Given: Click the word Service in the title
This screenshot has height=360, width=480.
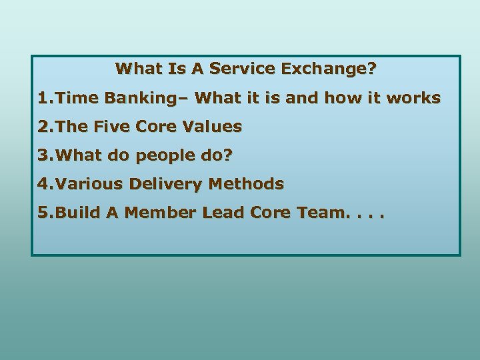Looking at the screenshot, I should (245, 68).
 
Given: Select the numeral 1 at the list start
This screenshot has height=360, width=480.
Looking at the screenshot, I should (43, 98).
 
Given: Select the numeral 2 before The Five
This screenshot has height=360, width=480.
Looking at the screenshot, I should (43, 126).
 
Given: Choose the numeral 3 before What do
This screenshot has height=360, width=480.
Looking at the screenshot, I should (43, 155).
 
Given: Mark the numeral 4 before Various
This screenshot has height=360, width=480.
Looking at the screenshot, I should (43, 183).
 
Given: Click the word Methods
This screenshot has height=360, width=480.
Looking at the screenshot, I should (251, 183).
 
